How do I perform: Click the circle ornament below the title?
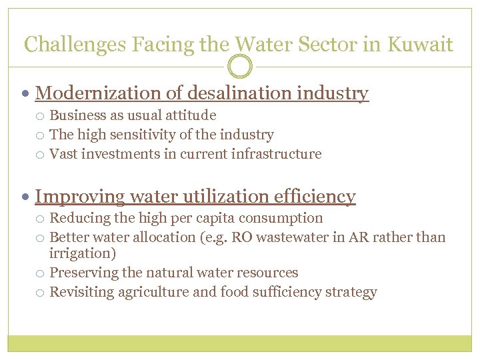(x=240, y=67)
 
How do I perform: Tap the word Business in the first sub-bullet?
(x=75, y=116)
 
